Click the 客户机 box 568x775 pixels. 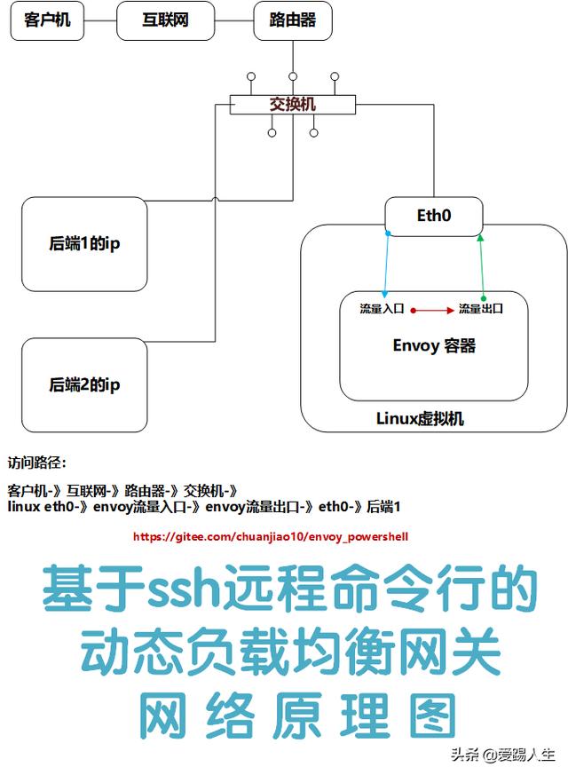click(47, 20)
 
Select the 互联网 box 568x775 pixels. click(166, 20)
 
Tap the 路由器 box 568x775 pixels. click(292, 20)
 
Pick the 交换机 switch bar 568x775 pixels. click(293, 105)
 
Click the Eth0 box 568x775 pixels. click(434, 215)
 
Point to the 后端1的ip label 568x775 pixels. click(84, 244)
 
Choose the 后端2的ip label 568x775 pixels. click(84, 384)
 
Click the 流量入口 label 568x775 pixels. click(382, 309)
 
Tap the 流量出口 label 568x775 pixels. click(481, 309)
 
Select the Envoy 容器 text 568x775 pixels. click(434, 345)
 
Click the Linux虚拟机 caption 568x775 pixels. click(420, 418)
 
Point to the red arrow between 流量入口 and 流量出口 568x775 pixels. click(433, 310)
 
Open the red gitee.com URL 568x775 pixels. click(271, 537)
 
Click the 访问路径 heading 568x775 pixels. click(36, 463)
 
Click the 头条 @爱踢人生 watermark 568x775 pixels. click(502, 755)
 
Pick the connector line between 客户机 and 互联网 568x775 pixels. click(100, 20)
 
